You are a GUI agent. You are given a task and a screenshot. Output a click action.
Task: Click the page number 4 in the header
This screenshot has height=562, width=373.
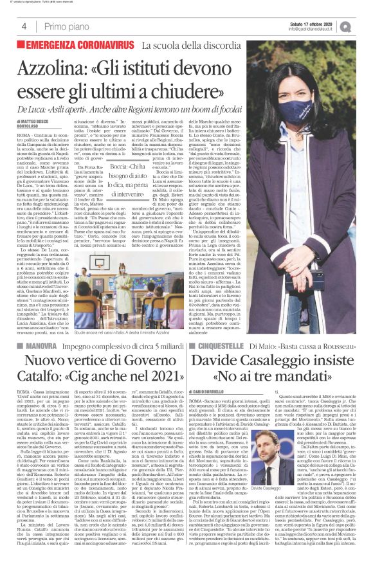click(24, 26)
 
